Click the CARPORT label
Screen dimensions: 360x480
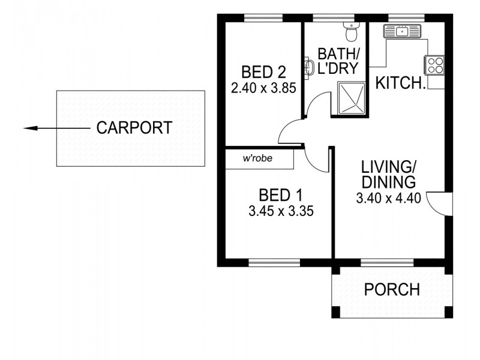tap(134, 128)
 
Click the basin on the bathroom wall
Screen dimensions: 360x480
tap(309, 68)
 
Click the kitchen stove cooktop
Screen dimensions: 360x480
tap(435, 64)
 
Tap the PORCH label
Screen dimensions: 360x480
tap(392, 290)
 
